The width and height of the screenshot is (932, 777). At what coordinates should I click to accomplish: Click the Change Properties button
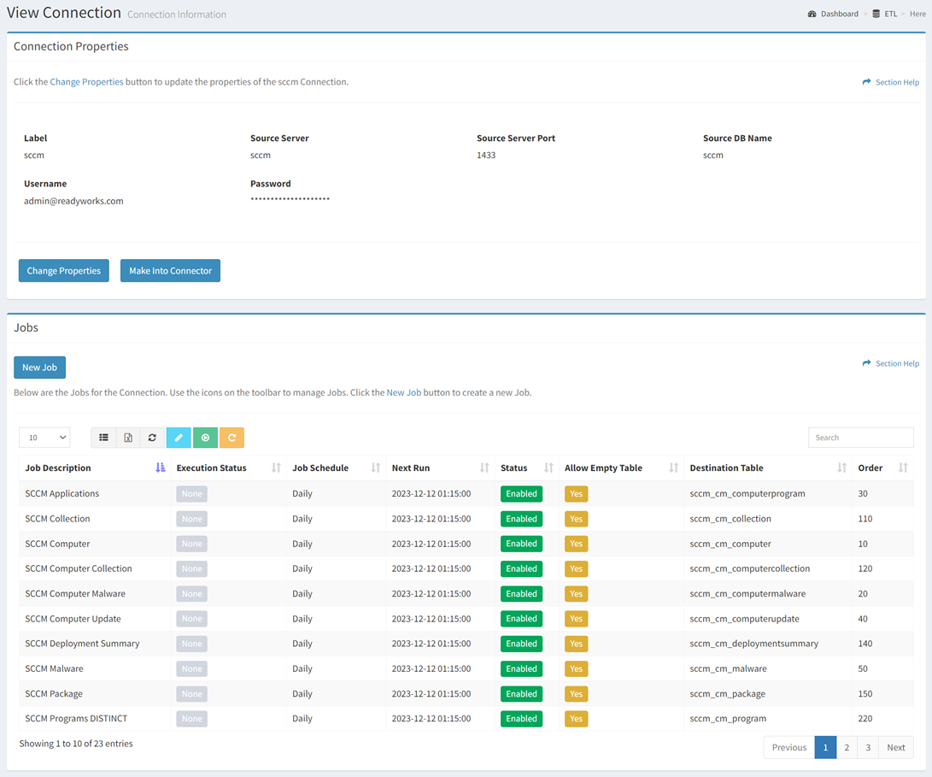63,271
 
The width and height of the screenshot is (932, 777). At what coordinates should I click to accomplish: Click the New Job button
39,368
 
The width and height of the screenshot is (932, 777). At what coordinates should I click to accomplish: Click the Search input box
860,438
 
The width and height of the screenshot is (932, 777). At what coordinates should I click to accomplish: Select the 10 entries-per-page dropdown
44,438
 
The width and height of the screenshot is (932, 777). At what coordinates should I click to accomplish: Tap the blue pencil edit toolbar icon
179,438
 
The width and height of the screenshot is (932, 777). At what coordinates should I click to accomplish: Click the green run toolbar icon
205,438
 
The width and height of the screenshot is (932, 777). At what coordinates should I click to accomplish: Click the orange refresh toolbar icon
232,438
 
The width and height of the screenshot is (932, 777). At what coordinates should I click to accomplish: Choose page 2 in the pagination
847,747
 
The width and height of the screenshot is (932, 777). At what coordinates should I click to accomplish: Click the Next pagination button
895,747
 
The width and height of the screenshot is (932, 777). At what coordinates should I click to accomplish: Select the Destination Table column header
726,468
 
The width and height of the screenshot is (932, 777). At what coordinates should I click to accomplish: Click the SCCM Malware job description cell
54,668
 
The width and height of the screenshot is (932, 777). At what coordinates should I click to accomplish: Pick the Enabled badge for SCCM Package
521,693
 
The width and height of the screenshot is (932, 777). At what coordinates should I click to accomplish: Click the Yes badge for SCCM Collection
576,519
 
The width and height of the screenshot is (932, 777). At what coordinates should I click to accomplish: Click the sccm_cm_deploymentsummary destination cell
753,644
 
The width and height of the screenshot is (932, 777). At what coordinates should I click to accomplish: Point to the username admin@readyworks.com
73,201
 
